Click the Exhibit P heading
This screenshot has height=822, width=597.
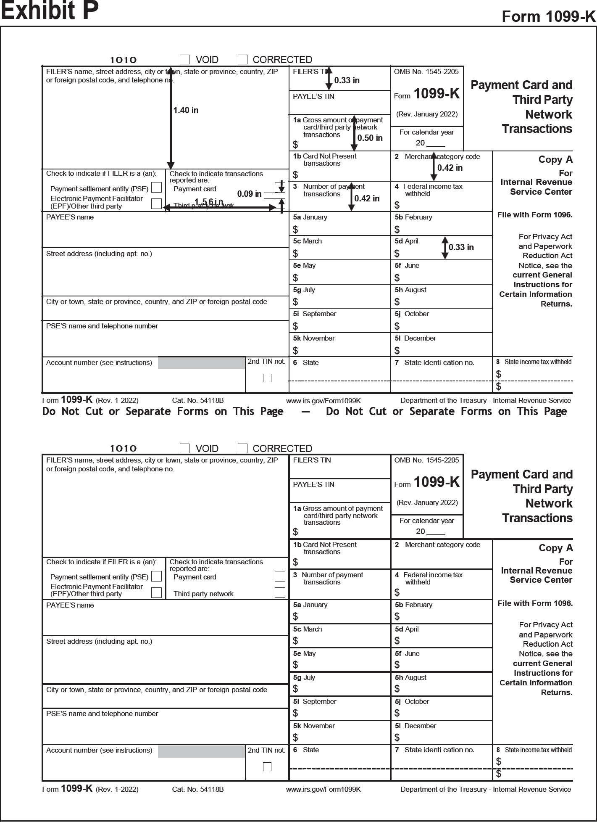coord(50,11)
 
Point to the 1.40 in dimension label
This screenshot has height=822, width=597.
coord(186,110)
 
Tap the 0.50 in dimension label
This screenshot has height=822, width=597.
coord(370,138)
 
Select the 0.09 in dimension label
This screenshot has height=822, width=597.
coord(249,194)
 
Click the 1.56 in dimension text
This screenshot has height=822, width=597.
coord(209,202)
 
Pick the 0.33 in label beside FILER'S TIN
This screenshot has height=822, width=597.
coord(347,80)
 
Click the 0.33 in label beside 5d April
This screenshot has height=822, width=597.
coord(461,247)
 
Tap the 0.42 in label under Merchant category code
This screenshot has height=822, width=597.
coord(450,168)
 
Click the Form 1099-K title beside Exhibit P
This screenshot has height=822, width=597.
coord(549,16)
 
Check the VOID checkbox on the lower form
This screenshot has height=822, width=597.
coord(184,448)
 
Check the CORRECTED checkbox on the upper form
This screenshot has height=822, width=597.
coord(242,59)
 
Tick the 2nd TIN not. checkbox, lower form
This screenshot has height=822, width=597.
coord(267,766)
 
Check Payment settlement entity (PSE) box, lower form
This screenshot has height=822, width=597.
coord(156,576)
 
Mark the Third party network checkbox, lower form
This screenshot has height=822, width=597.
coord(280,592)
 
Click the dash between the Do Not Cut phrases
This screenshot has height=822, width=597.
coord(305,412)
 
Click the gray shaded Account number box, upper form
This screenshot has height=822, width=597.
coord(201,363)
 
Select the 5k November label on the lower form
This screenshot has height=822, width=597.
coord(314,726)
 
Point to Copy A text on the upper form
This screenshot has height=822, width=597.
coord(555,159)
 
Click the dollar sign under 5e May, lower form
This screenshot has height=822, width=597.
coord(295,665)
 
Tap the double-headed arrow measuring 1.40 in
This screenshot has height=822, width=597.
coord(171,118)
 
